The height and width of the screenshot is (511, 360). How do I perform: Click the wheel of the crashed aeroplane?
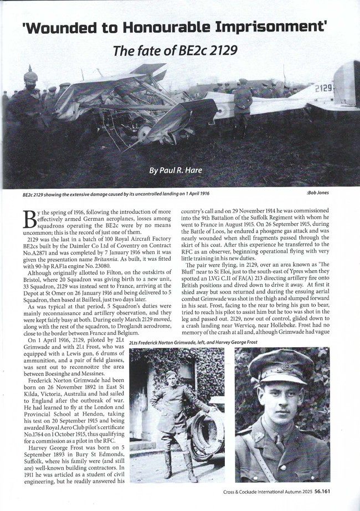[145, 133]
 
